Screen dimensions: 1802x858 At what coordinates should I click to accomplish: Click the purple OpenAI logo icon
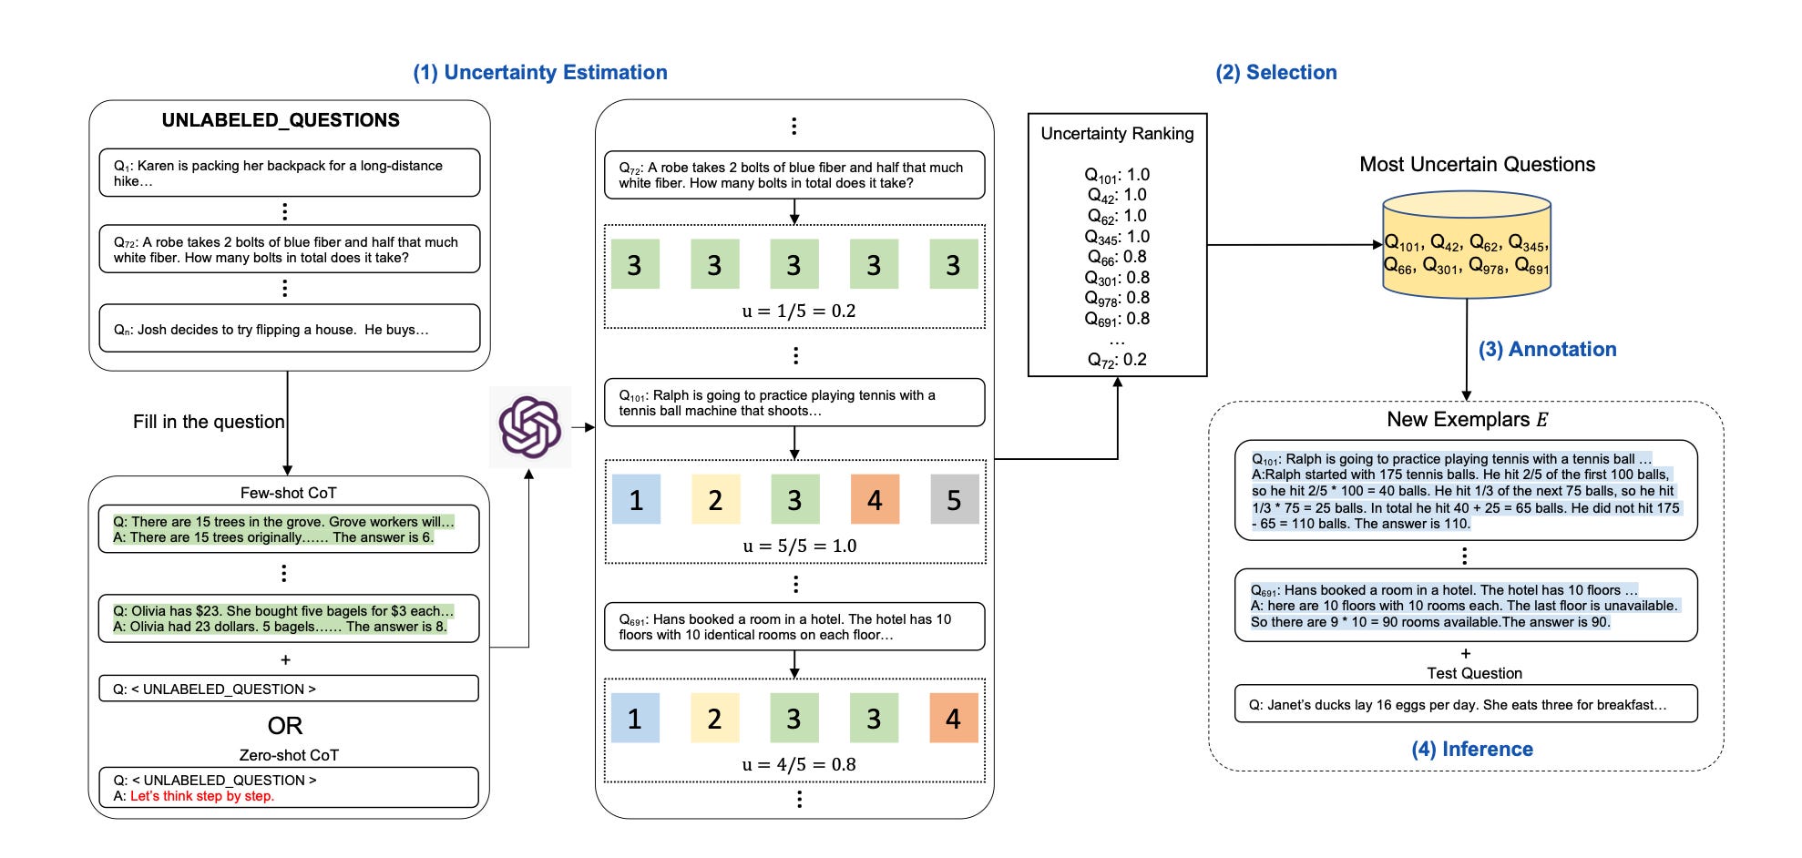[529, 427]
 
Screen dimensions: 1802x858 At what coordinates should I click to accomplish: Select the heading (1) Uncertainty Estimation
[540, 73]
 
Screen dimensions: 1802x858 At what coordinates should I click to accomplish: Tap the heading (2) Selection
[1276, 73]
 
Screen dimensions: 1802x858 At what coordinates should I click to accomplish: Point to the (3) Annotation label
[1547, 350]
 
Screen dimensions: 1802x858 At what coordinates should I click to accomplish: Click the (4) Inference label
[1472, 749]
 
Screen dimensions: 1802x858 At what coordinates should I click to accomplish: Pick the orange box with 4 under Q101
[875, 499]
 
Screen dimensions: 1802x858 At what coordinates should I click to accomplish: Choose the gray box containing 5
[955, 499]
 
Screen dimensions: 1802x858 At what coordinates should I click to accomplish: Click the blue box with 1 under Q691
[635, 718]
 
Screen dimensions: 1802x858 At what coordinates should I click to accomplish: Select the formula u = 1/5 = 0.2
[799, 311]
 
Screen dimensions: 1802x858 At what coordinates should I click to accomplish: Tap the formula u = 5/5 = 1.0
[799, 546]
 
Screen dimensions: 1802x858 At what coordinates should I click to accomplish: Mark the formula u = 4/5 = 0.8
[799, 764]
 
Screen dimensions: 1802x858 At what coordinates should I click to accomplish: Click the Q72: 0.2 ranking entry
[1117, 360]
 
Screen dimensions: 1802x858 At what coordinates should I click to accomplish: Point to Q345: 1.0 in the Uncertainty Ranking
[1117, 237]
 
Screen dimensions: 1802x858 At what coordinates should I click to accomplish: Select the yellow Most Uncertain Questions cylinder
[1467, 245]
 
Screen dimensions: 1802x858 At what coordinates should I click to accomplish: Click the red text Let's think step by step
[202, 796]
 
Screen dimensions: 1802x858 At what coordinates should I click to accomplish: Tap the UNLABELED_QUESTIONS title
[281, 120]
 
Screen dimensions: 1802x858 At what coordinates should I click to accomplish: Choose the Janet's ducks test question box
[1466, 704]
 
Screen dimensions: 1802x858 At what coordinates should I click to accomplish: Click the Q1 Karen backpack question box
[290, 173]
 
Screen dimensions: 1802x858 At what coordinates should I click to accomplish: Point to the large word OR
[285, 726]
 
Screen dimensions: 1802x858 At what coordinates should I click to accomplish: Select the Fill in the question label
[209, 422]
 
